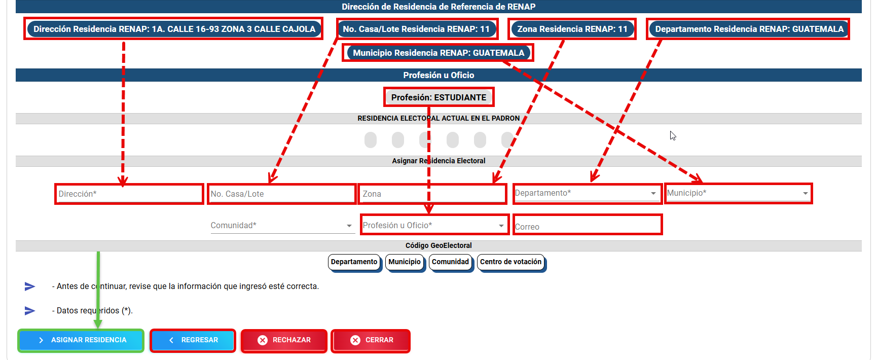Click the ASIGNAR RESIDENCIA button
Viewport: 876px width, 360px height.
pos(81,340)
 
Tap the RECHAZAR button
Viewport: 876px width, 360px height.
pos(284,340)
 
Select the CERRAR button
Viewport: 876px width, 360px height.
pos(371,340)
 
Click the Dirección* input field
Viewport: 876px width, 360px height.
pos(129,194)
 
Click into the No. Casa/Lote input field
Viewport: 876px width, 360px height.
pos(282,194)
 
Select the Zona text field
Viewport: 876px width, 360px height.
pos(433,194)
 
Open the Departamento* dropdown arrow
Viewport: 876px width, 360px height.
pos(653,193)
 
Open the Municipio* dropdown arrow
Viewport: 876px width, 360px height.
pos(806,193)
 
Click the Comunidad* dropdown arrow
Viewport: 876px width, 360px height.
pos(349,226)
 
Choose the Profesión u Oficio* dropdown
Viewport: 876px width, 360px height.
pos(434,225)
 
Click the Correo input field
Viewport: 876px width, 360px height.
pos(588,225)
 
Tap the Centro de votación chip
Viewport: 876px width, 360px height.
pos(511,262)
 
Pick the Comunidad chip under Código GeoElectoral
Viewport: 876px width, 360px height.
pos(451,262)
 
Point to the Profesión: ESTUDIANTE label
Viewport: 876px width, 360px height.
pos(439,97)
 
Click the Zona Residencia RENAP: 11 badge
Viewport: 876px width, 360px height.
pos(572,29)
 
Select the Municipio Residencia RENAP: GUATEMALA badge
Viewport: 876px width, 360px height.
pos(439,53)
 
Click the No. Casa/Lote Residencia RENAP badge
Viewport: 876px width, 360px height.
pos(416,29)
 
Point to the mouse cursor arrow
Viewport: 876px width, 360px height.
pos(673,136)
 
